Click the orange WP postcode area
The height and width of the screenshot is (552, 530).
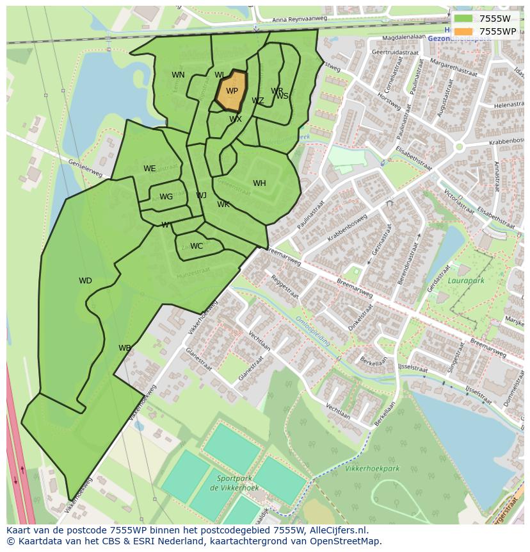click(230, 91)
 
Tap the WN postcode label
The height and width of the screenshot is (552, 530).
click(178, 75)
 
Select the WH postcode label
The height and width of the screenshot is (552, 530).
click(259, 183)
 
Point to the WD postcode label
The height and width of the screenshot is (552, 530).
click(85, 281)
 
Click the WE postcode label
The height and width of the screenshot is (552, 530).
click(149, 169)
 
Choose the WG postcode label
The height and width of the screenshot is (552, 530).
click(166, 197)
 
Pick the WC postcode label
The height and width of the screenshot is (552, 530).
click(197, 246)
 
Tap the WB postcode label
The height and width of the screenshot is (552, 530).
click(124, 348)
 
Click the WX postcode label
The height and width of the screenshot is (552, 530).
click(236, 119)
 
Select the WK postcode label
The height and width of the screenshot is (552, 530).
click(223, 205)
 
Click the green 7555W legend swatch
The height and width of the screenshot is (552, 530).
click(463, 19)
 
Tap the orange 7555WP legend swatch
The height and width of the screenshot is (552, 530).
click(463, 31)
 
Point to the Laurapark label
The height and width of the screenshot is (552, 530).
click(465, 280)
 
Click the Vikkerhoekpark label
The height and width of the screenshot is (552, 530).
click(372, 469)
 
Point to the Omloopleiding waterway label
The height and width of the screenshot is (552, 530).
click(313, 331)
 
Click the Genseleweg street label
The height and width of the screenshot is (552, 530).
click(85, 169)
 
